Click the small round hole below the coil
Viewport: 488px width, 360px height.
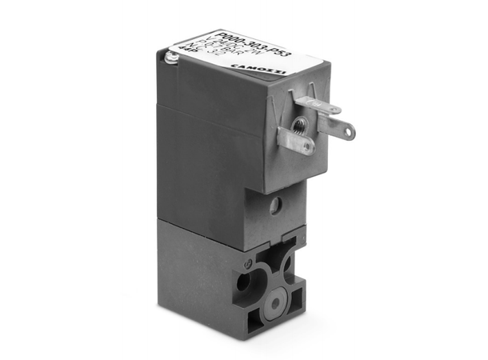275,207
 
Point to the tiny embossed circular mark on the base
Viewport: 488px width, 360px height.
249,262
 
